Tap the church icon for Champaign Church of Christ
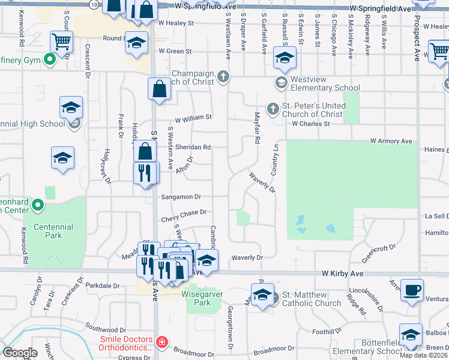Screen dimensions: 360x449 (x=223, y=76)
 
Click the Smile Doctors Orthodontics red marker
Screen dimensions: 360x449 (x=161, y=342)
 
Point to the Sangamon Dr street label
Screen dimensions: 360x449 (x=180, y=197)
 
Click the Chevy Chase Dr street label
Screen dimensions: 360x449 (x=183, y=212)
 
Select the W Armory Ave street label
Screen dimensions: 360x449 (x=391, y=141)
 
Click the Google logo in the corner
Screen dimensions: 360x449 (x=19, y=353)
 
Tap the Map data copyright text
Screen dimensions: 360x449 (x=423, y=355)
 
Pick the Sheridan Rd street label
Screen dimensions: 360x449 (x=196, y=147)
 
